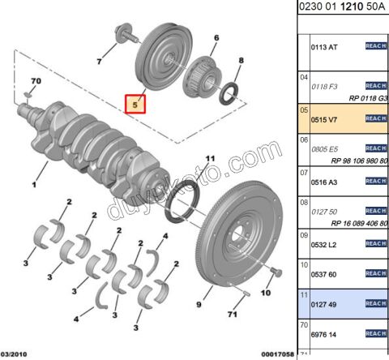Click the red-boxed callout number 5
point(135,104)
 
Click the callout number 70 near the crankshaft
point(35,81)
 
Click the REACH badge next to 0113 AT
point(375,46)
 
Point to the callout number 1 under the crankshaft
point(34,184)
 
